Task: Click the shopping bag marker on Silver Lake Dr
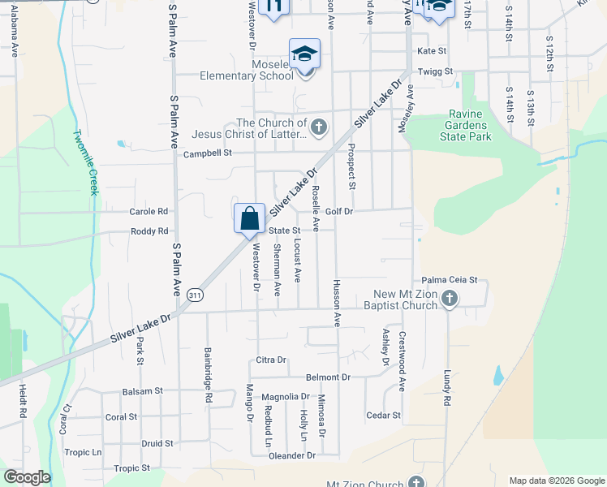250,219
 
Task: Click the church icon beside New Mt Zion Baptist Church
450,300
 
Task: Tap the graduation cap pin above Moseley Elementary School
305,55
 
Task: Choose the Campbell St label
208,153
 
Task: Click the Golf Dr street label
340,211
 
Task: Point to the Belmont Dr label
328,377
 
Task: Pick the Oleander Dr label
292,456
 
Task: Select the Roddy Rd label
149,231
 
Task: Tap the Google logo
27,477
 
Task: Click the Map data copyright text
556,481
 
